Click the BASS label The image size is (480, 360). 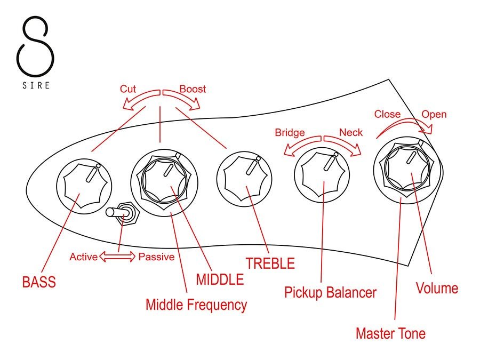tap(39, 281)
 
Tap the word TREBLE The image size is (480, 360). tap(270, 263)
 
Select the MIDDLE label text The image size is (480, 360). tap(220, 279)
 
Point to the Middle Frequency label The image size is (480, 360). tap(196, 305)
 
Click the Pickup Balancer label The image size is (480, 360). tap(330, 292)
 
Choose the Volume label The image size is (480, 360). tap(437, 289)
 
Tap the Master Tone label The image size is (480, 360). tap(390, 334)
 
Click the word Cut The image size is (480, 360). tap(128, 89)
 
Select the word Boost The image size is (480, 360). tap(193, 89)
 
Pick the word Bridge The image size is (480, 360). tap(290, 132)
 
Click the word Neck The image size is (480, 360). tap(350, 132)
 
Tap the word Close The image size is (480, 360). tap(387, 114)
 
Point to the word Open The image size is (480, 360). tap(434, 114)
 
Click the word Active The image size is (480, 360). tap(84, 257)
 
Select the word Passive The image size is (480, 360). tap(156, 257)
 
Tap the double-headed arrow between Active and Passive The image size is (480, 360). tap(118, 257)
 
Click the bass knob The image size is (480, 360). tap(83, 184)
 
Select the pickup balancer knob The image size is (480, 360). tap(321, 173)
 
